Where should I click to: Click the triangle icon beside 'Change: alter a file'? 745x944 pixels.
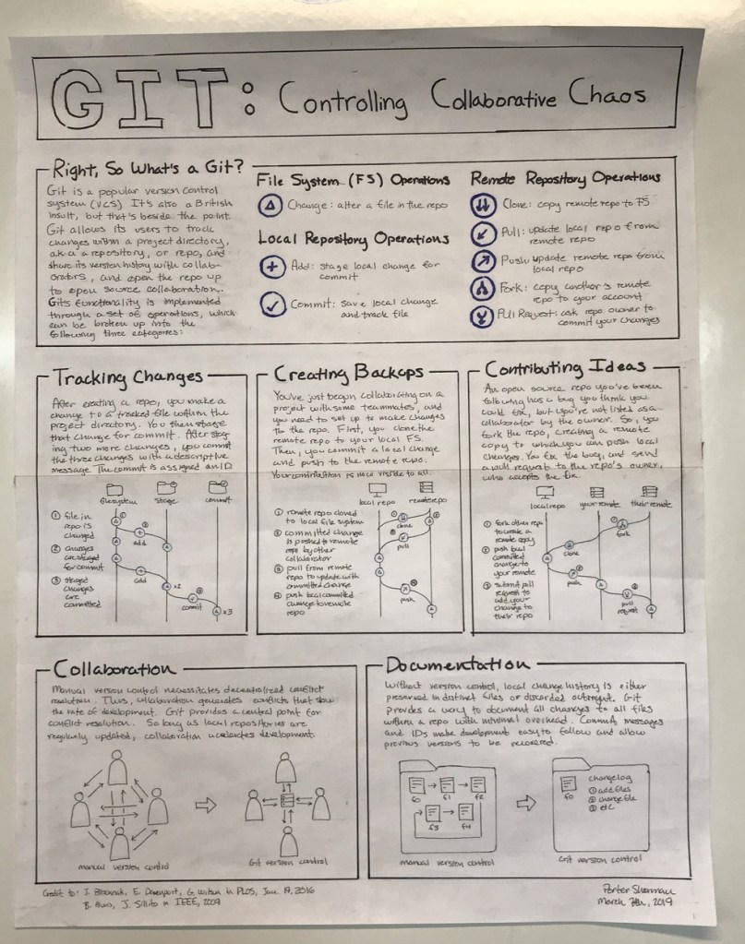(x=271, y=205)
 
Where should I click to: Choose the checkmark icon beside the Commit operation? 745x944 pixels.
(x=271, y=304)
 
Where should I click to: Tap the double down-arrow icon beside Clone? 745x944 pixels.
(x=485, y=203)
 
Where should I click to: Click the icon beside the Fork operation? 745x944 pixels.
(x=485, y=290)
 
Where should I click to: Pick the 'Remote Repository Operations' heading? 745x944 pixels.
(x=566, y=176)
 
